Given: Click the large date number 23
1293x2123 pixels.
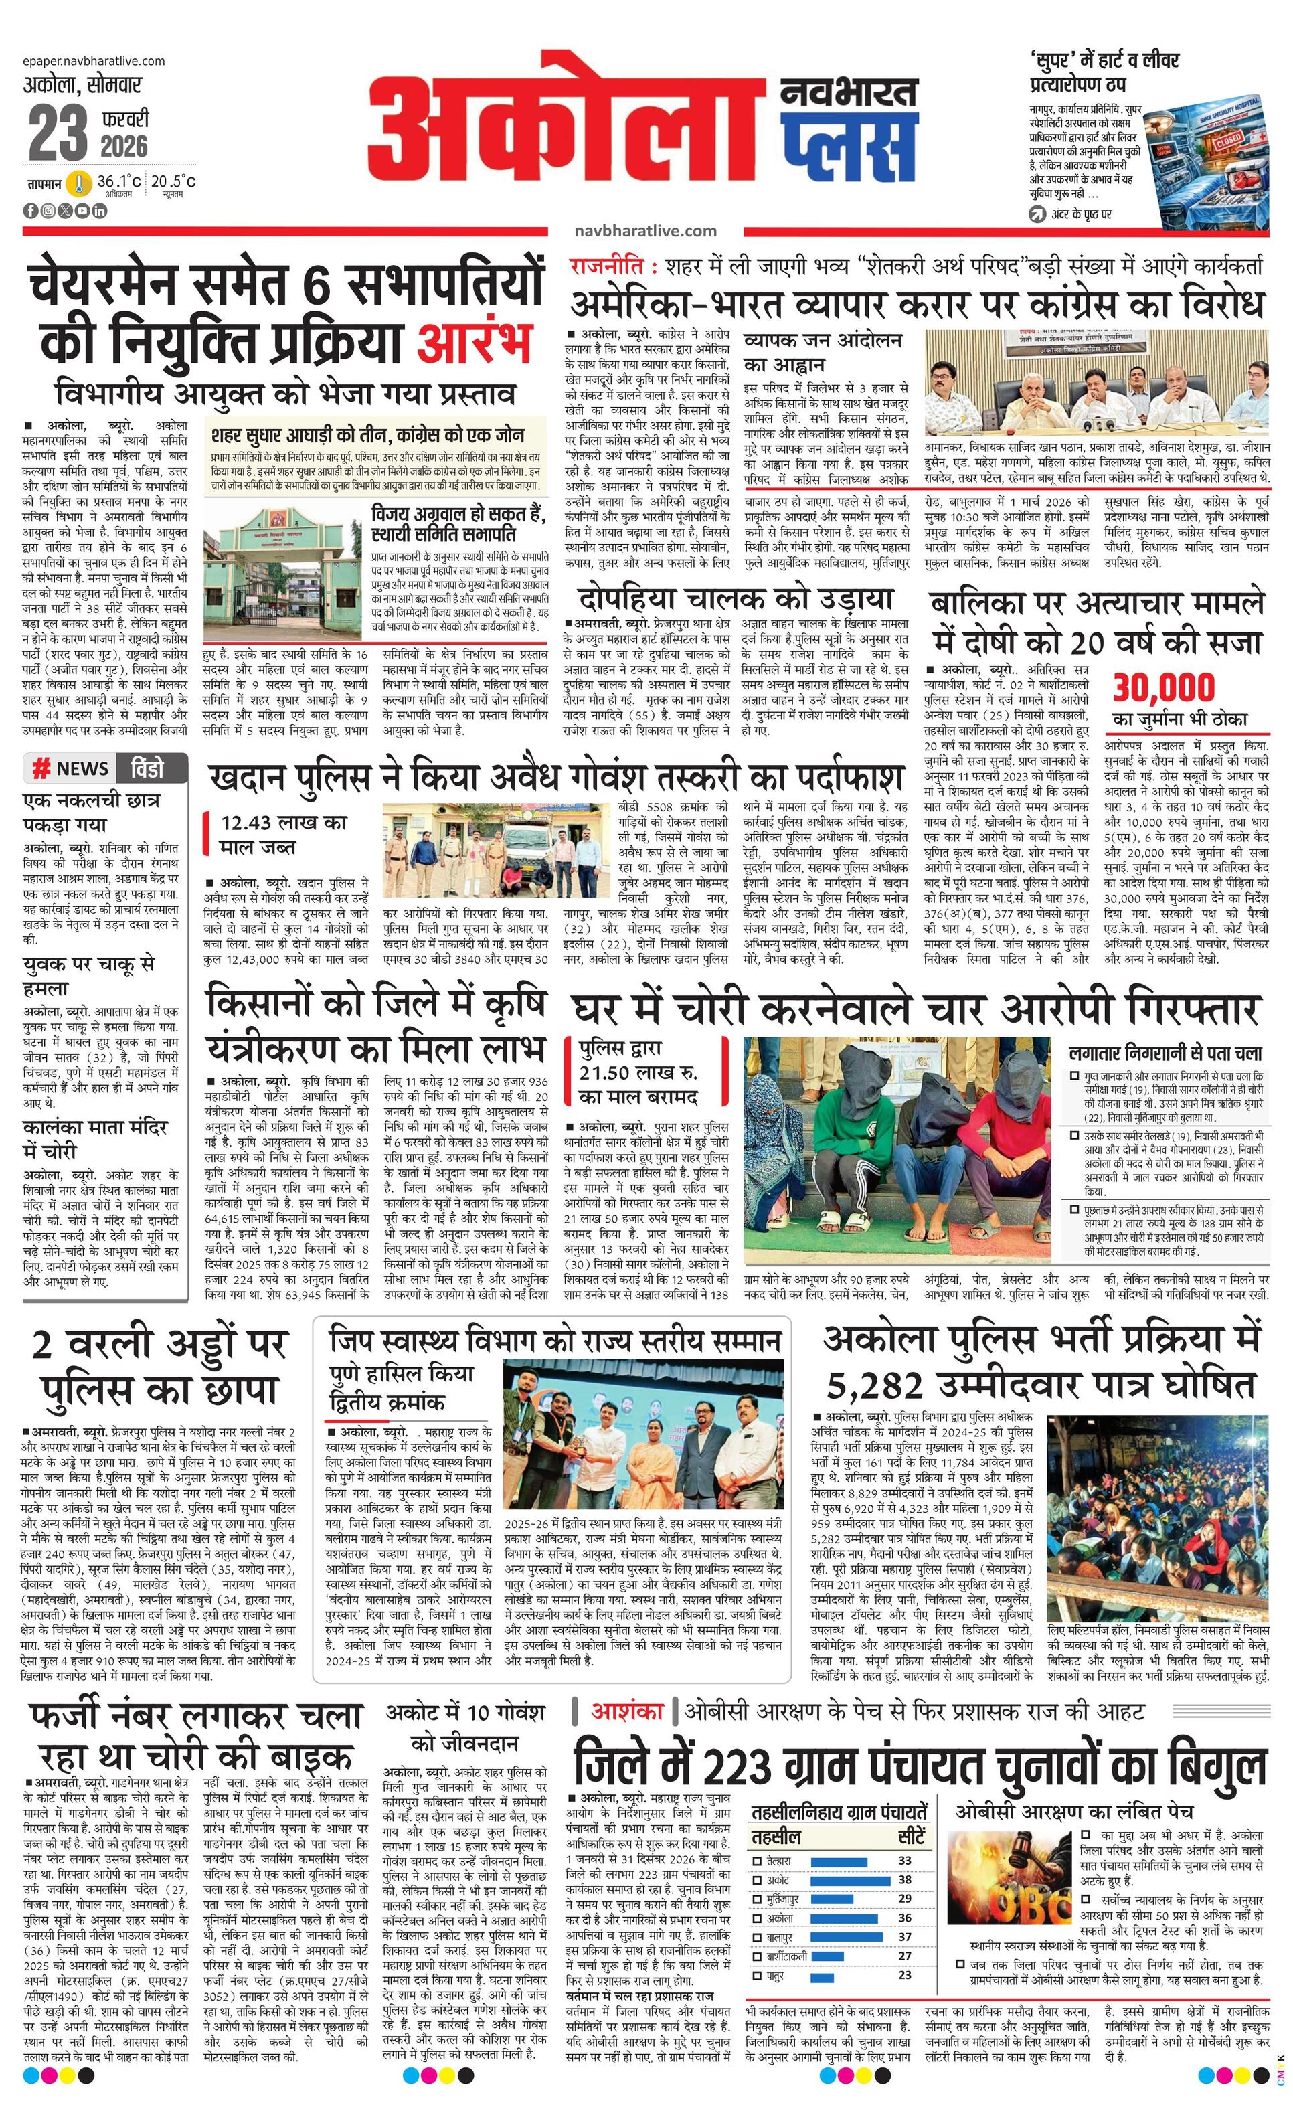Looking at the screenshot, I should click(x=58, y=134).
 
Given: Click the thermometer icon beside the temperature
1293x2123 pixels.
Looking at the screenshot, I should click(x=79, y=183).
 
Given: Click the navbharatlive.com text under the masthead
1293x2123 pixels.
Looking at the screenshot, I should click(x=645, y=230).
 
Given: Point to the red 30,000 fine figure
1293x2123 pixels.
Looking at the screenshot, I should click(x=1163, y=687).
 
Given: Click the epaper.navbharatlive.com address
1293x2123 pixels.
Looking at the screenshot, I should click(x=94, y=60).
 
